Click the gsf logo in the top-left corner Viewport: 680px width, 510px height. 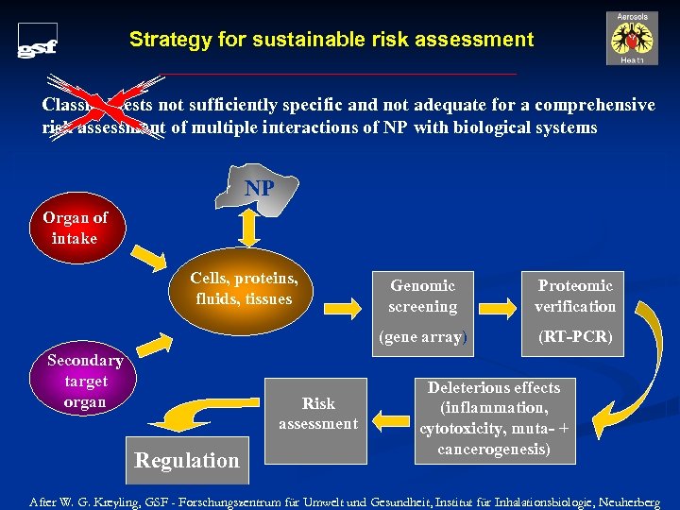[x=38, y=42]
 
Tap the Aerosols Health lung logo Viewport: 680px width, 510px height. [x=632, y=39]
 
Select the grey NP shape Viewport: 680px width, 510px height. [x=260, y=188]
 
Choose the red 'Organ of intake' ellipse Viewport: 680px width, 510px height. [x=75, y=228]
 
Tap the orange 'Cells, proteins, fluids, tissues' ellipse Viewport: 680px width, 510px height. [x=245, y=289]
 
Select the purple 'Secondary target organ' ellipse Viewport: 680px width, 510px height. [x=85, y=382]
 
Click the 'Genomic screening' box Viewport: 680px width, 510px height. [x=422, y=296]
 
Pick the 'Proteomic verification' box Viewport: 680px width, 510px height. [x=574, y=296]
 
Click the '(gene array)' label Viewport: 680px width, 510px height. [x=422, y=337]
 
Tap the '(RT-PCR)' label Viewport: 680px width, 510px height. [x=574, y=337]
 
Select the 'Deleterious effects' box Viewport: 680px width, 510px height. [x=493, y=418]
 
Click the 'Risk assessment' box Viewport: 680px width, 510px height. [x=317, y=414]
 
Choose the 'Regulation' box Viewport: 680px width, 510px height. [x=187, y=460]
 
